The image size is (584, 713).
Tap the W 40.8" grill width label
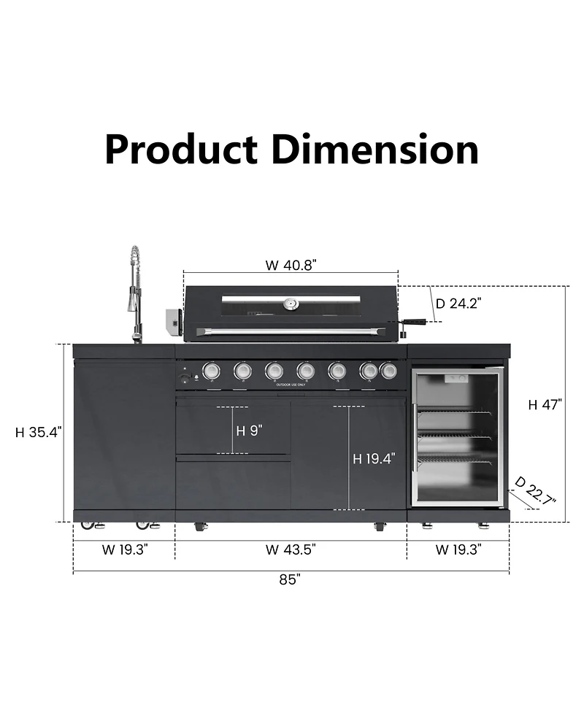point(291,265)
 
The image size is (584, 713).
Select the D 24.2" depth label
point(458,304)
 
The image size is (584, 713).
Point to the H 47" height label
point(545,405)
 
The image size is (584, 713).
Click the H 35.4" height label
point(39,432)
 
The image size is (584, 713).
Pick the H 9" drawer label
point(249,430)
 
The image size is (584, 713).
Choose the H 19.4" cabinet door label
point(374,458)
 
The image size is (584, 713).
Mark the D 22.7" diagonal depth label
point(535,491)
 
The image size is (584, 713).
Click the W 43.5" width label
point(291,550)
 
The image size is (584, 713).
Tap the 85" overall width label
point(290,579)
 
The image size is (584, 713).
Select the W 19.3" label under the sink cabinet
point(125,550)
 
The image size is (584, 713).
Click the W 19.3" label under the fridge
point(458,550)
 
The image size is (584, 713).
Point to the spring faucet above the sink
point(134,292)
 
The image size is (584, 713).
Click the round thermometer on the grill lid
point(291,304)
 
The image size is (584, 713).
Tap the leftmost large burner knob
point(211,371)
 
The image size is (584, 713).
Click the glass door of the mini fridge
point(457,436)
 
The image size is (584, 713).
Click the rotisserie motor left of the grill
point(173,322)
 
